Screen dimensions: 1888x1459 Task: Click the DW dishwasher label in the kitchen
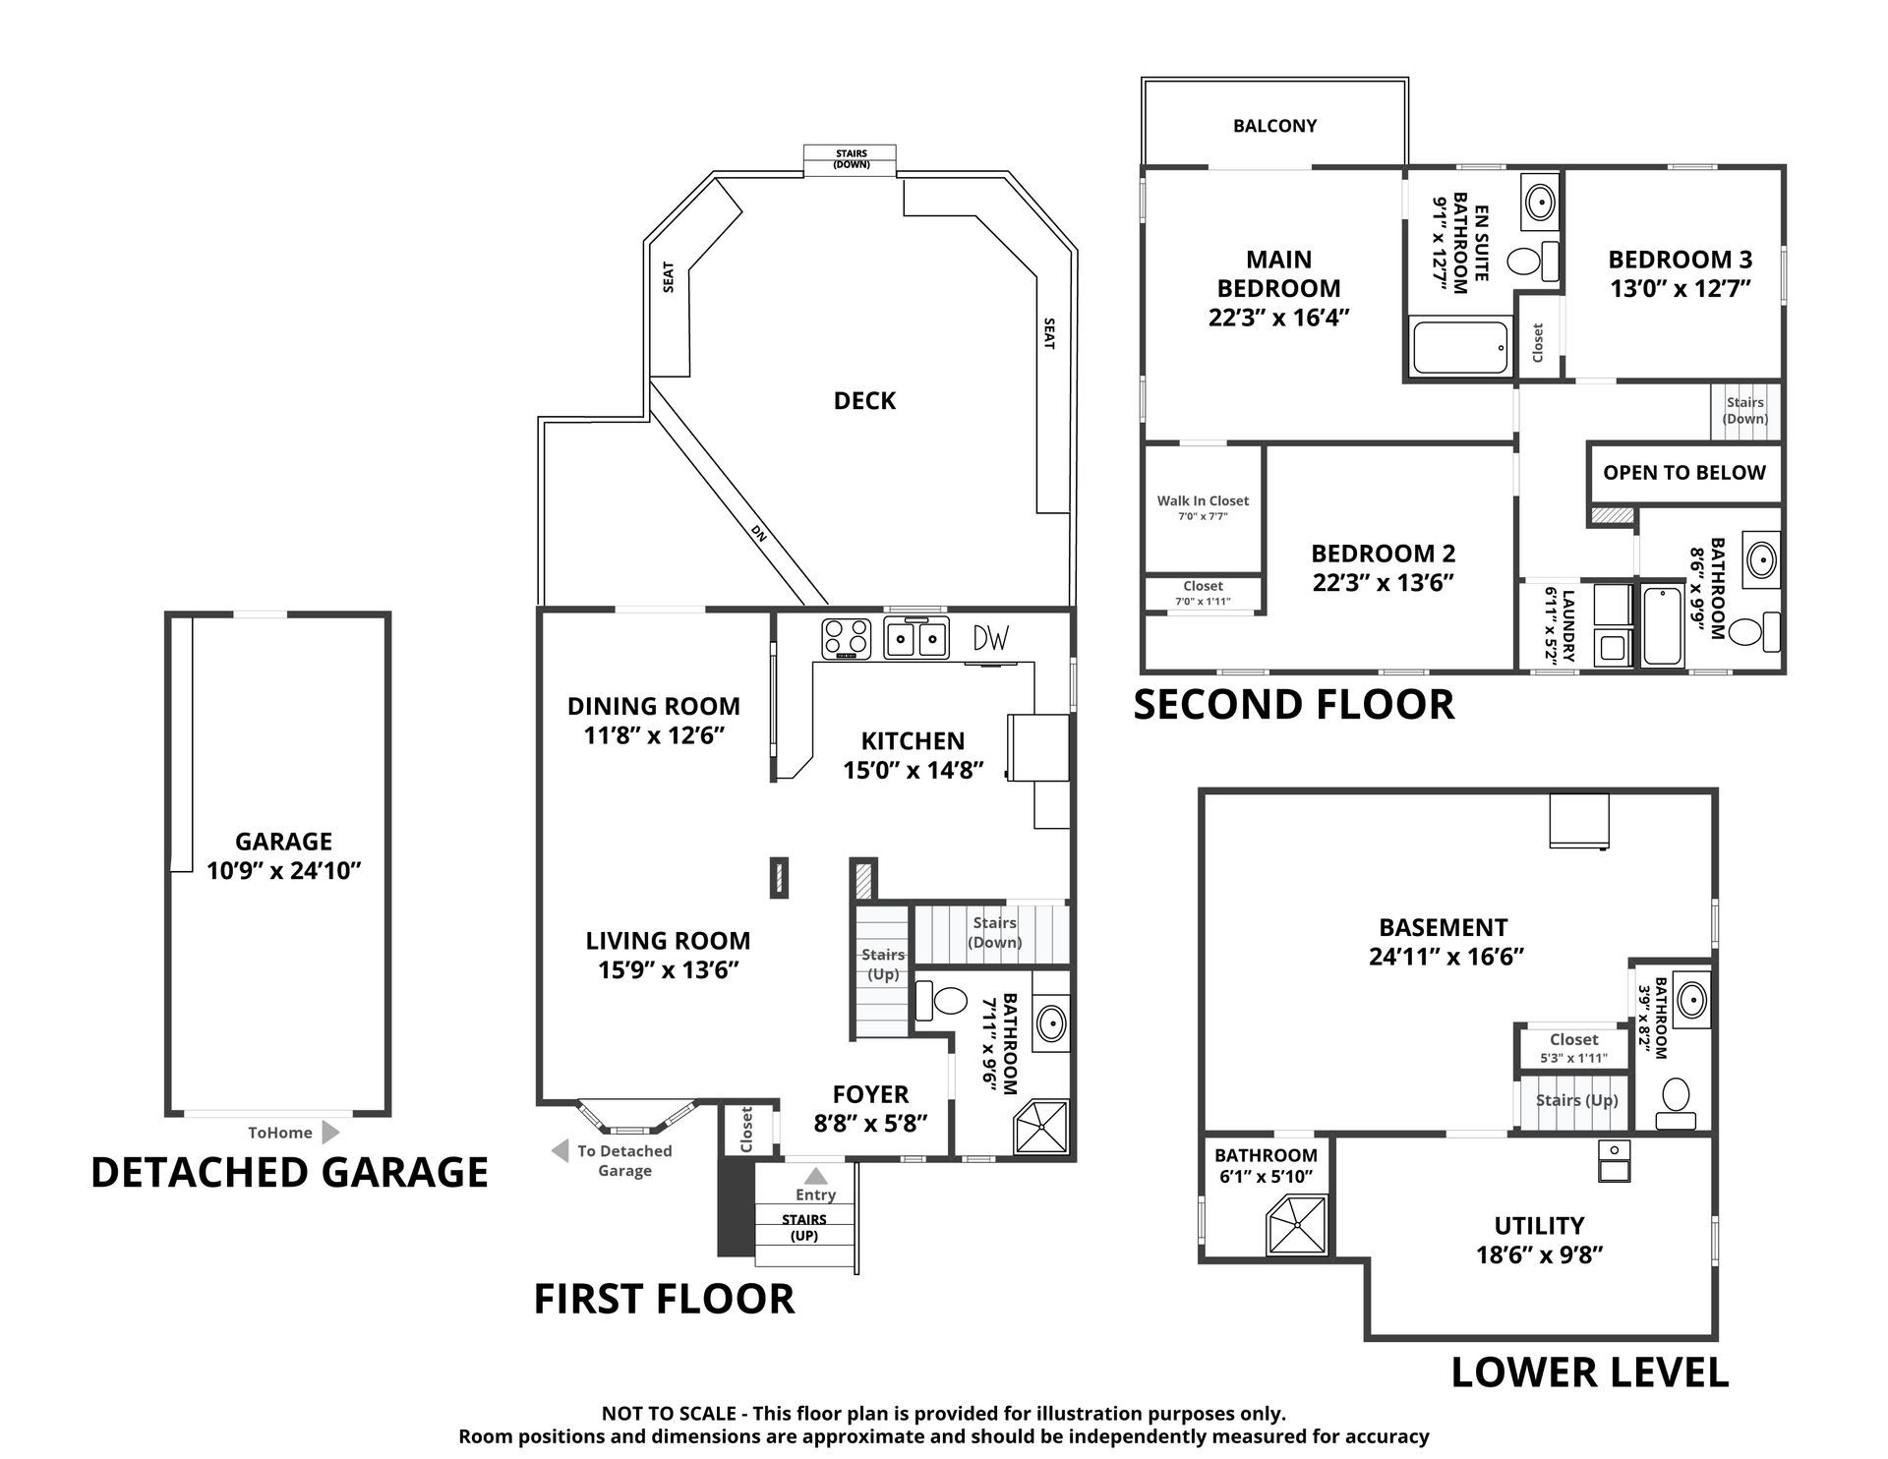[990, 638]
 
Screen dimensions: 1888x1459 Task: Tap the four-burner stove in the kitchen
[847, 638]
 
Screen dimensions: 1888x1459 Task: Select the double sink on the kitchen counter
[915, 638]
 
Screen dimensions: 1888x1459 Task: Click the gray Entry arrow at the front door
[815, 1175]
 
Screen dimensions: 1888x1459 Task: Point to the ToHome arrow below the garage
[331, 1133]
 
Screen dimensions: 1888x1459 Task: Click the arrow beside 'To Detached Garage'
[560, 1150]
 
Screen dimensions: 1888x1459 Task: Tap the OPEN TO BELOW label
[1684, 473]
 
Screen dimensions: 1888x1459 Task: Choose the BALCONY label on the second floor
[1274, 126]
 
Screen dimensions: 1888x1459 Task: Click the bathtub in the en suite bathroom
[1461, 347]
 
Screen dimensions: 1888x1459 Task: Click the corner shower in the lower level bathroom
[1296, 1225]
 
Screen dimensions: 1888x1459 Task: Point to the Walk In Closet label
[1203, 500]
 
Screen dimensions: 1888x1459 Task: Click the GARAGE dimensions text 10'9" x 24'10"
[284, 871]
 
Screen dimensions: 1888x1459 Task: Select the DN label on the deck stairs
[758, 533]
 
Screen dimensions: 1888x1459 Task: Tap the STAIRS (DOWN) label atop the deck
[852, 159]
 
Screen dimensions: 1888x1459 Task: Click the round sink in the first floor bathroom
[1051, 1023]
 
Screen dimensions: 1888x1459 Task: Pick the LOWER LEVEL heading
[1590, 1373]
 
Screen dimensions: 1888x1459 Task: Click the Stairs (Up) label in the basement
[1577, 1101]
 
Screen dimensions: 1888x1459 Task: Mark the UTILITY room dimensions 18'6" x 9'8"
[1540, 1255]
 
